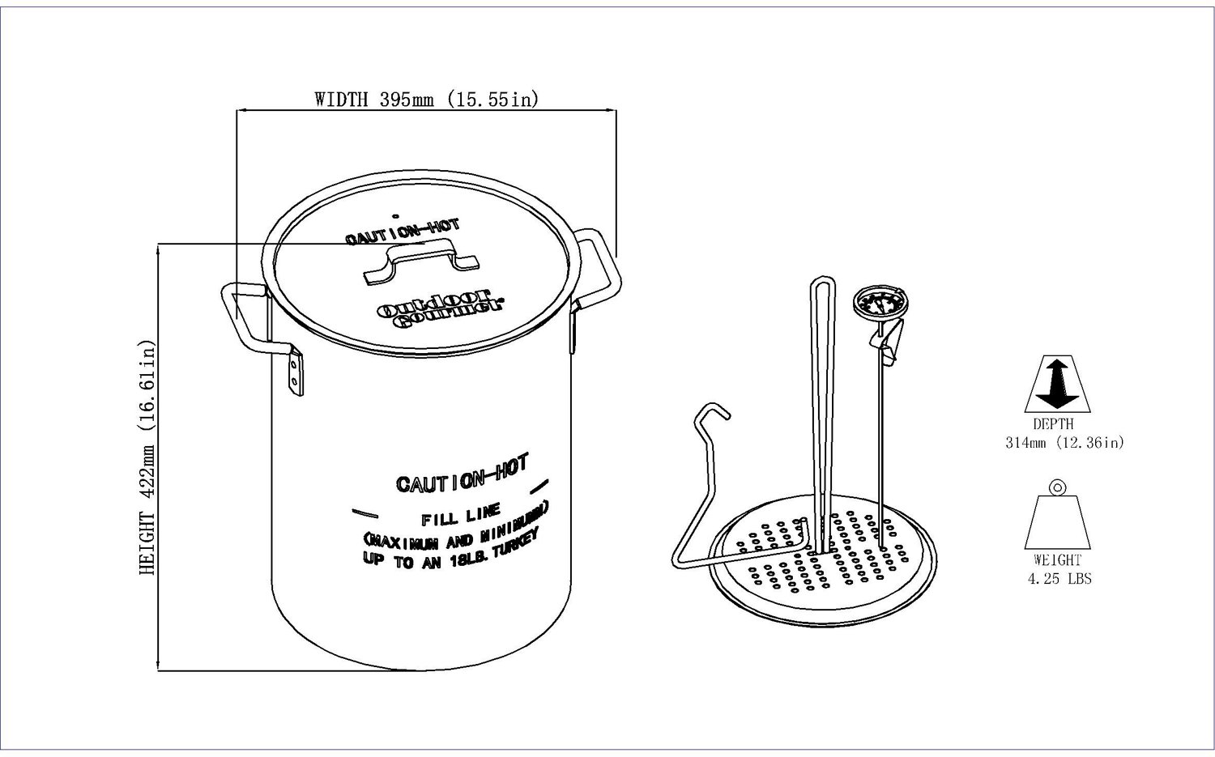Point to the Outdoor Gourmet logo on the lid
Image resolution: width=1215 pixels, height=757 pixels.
441,308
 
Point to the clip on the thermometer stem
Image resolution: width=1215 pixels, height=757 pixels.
886,342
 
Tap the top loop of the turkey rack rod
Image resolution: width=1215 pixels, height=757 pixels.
822,288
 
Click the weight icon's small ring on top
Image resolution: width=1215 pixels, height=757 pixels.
1056,487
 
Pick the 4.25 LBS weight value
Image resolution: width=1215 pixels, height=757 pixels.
1059,579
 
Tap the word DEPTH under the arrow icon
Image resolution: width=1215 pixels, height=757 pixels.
1053,424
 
